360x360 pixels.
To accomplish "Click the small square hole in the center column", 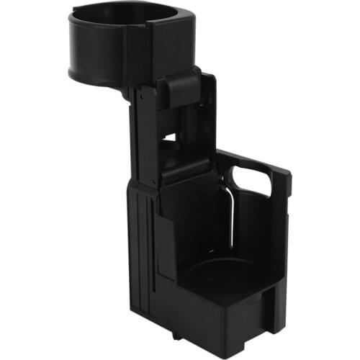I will (x=170, y=135).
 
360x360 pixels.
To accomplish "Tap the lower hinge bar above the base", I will (x=186, y=171).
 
